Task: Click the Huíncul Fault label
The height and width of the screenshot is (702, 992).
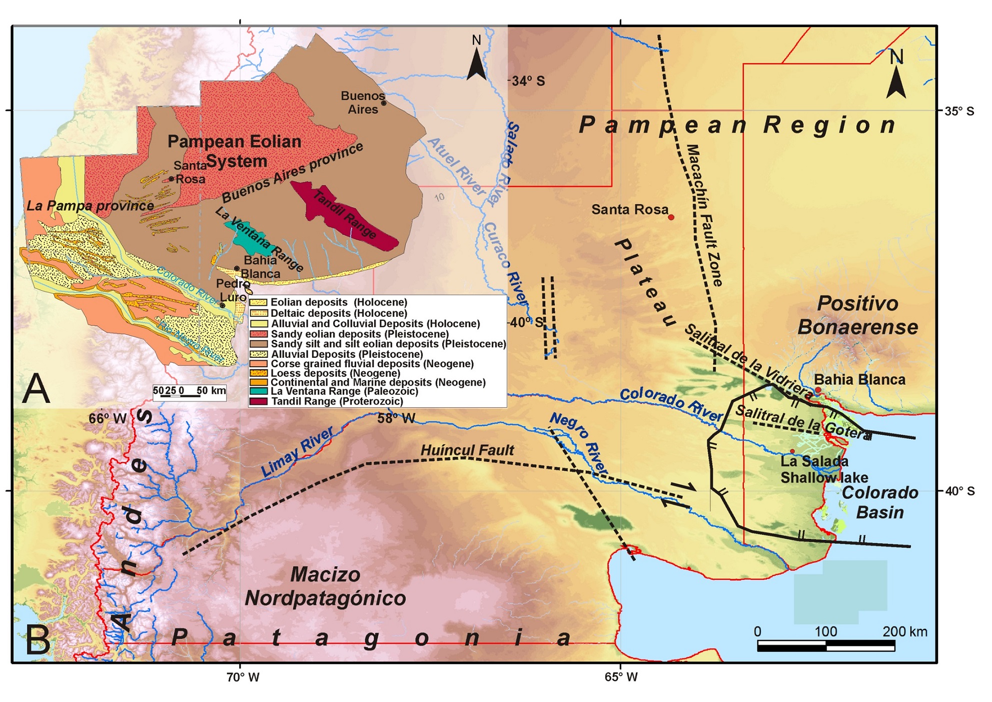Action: click(x=467, y=450)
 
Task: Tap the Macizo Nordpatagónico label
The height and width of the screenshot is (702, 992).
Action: click(x=325, y=586)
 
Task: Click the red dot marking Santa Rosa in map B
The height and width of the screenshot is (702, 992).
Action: click(x=671, y=217)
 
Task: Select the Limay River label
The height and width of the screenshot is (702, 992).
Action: click(x=297, y=452)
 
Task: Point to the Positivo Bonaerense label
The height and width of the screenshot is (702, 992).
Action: click(x=857, y=315)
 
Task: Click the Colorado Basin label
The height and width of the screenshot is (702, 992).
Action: click(x=879, y=502)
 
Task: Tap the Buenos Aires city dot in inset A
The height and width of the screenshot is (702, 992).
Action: click(x=384, y=103)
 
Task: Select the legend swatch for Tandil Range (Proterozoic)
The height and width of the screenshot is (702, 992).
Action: click(x=259, y=401)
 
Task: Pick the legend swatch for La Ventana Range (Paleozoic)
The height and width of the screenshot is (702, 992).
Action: click(x=259, y=391)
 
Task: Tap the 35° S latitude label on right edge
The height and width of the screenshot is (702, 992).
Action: click(x=958, y=111)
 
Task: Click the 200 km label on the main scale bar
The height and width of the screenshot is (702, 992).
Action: click(x=904, y=631)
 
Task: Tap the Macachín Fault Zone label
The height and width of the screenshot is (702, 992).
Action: click(x=704, y=215)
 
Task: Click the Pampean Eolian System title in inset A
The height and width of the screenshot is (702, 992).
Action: click(x=234, y=151)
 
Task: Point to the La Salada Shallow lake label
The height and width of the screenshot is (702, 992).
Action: click(x=823, y=469)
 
